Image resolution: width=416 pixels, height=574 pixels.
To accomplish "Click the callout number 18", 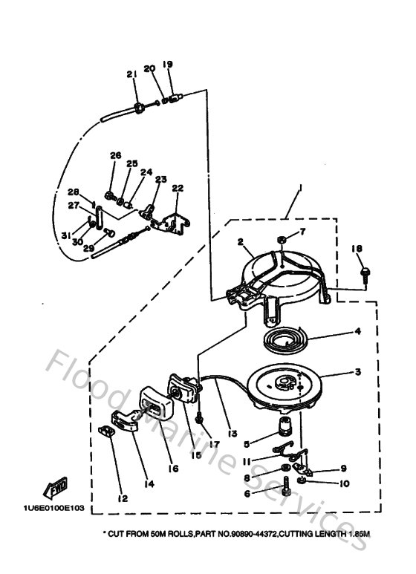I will click(357, 249).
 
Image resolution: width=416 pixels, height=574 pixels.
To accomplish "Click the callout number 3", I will click(357, 371).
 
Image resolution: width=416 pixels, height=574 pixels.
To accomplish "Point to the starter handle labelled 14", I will click(126, 426).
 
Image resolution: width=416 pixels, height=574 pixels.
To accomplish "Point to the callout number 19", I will click(167, 65).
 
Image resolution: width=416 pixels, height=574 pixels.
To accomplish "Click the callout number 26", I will click(114, 155).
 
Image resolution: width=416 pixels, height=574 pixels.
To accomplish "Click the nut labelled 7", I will click(282, 239).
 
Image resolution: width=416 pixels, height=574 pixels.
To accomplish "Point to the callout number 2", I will click(241, 241).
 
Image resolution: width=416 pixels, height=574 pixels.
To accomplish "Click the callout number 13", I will click(232, 433).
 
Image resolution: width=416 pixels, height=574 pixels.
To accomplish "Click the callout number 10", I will click(343, 483).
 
